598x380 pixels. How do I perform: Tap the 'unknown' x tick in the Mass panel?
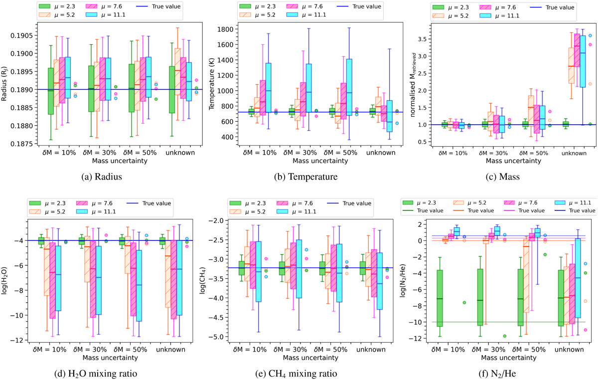[573, 153]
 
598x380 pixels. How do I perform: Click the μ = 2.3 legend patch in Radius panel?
[47, 6]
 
